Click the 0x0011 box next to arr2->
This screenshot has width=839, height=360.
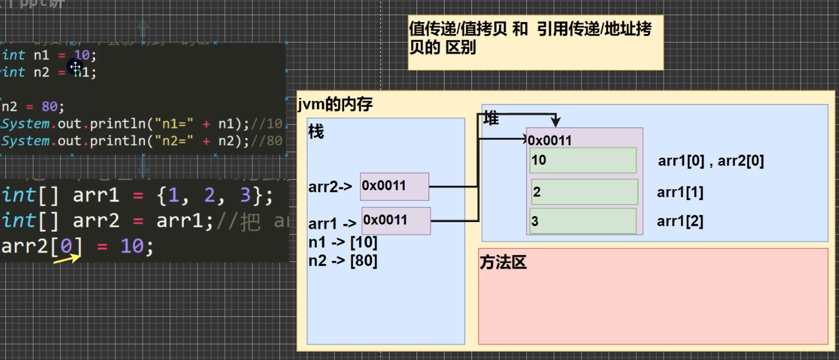[394, 186]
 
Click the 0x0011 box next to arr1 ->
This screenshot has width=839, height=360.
[396, 220]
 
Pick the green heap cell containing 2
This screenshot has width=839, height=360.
[584, 192]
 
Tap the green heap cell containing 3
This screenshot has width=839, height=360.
[583, 221]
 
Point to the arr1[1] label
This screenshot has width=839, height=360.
[680, 192]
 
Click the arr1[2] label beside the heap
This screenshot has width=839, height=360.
[680, 221]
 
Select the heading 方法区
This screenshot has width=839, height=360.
[503, 263]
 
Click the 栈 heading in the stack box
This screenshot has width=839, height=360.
[316, 132]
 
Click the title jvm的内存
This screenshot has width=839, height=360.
[335, 105]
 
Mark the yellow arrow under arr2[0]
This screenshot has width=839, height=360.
[67, 259]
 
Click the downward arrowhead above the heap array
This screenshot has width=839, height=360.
[556, 122]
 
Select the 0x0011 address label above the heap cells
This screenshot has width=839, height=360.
[550, 140]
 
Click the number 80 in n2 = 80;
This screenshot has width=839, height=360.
[50, 107]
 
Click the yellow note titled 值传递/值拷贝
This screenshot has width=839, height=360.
[535, 43]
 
